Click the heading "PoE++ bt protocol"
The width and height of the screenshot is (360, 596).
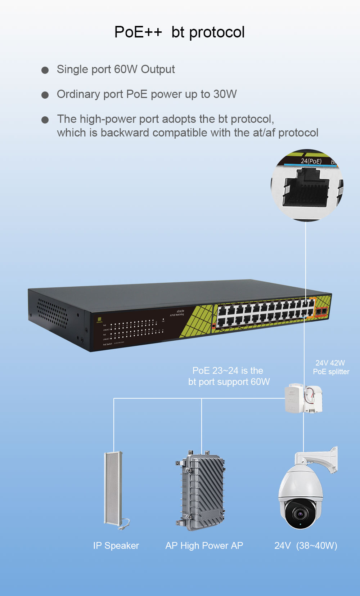coord(179,32)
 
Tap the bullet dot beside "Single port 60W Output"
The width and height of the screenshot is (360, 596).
coord(45,70)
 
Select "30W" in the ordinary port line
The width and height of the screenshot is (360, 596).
coord(225,94)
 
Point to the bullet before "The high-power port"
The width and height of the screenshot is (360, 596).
coord(45,120)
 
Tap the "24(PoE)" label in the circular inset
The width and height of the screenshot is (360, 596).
coord(311,161)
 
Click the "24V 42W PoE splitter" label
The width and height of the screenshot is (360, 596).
coord(331,367)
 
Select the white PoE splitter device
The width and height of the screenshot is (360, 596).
coord(303,398)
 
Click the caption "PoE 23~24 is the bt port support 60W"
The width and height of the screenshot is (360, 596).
coord(229,376)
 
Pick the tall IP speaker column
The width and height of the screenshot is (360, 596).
coord(114,488)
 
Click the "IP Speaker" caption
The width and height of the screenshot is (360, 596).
coord(116,546)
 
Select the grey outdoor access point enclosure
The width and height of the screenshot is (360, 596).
coord(201,490)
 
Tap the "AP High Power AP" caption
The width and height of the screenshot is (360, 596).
coord(204,546)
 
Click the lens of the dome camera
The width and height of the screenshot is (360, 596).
coord(300,514)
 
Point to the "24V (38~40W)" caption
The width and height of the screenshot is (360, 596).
coord(306,546)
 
